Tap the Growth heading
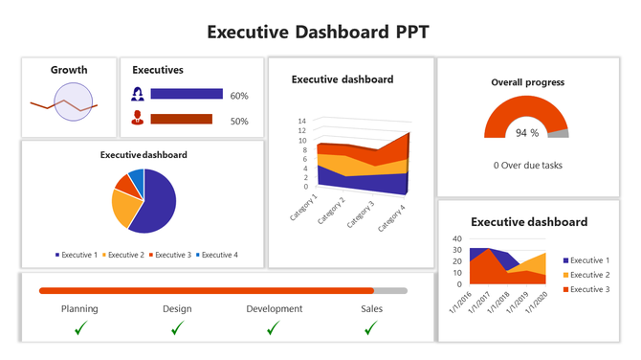(x=69, y=70)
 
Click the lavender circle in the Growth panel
(x=73, y=102)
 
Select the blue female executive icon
(x=138, y=95)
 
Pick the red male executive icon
(x=138, y=120)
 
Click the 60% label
(x=239, y=96)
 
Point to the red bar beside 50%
(x=181, y=120)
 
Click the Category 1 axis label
(x=303, y=207)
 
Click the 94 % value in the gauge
(x=527, y=133)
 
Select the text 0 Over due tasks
(x=527, y=165)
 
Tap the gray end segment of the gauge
(x=560, y=132)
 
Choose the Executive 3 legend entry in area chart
(x=586, y=288)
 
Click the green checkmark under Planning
(x=81, y=328)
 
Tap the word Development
(x=274, y=308)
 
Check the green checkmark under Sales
(x=370, y=328)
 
